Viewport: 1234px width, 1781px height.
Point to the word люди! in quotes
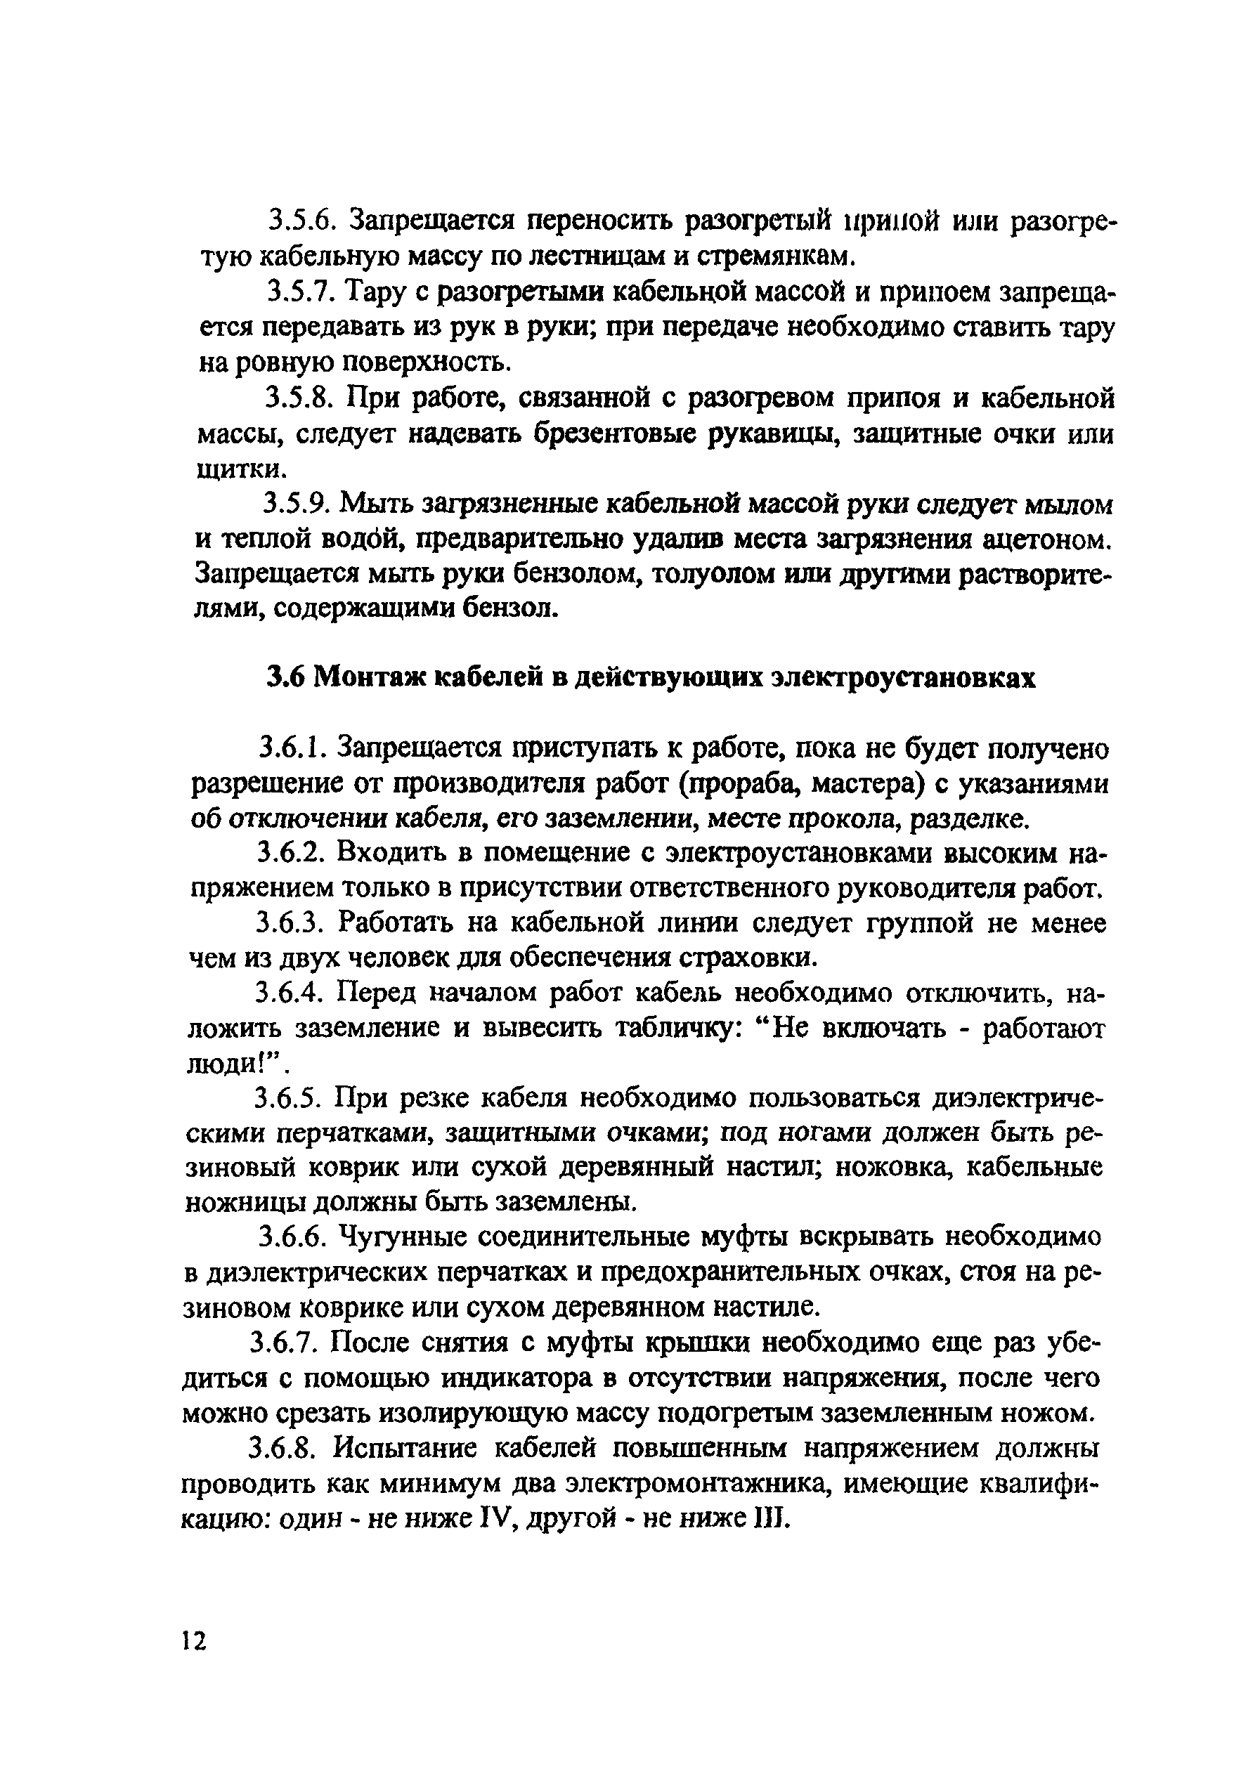point(231,1064)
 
